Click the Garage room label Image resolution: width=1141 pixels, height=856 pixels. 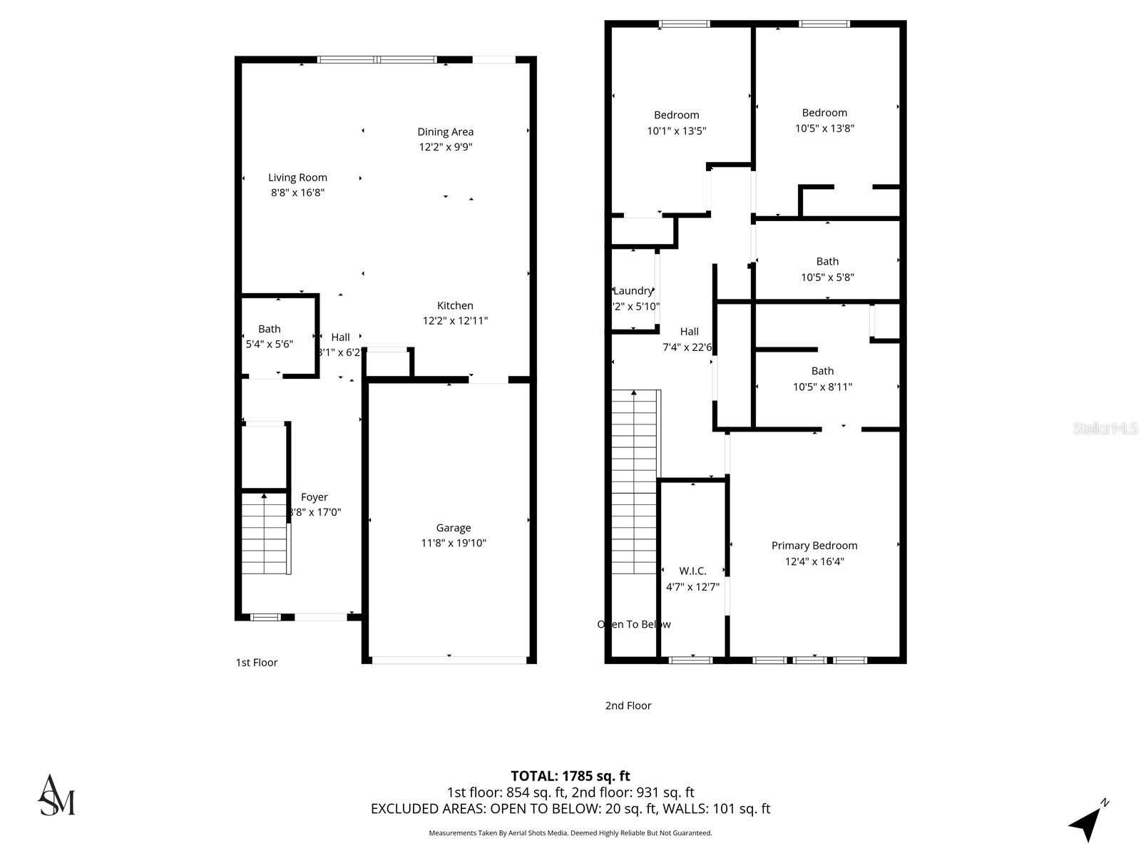click(454, 528)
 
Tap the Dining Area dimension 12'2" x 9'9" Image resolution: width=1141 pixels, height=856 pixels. click(446, 147)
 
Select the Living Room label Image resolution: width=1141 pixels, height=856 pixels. click(297, 178)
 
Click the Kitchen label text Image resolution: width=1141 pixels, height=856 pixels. click(455, 305)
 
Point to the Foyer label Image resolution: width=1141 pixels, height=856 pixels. click(314, 497)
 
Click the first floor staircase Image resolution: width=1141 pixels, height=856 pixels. click(265, 534)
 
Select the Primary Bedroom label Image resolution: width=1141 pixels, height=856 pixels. click(814, 546)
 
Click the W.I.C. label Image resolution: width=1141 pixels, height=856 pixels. click(692, 571)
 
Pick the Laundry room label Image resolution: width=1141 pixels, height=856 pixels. click(633, 290)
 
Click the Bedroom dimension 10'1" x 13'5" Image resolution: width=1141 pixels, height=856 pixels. click(676, 131)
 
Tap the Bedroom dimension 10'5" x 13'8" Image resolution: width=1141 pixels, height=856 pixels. click(824, 128)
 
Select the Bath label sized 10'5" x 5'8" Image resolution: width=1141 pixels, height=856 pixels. click(827, 262)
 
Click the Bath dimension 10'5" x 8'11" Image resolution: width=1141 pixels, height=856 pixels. click(822, 387)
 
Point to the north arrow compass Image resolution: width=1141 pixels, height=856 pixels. click(1087, 822)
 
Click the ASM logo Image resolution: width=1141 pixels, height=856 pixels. click(56, 795)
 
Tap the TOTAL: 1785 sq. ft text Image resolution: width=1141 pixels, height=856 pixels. click(570, 775)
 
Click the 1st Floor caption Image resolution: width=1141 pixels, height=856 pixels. click(257, 663)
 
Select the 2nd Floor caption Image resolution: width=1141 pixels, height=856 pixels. click(628, 705)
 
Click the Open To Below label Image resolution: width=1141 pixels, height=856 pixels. click(634, 624)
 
